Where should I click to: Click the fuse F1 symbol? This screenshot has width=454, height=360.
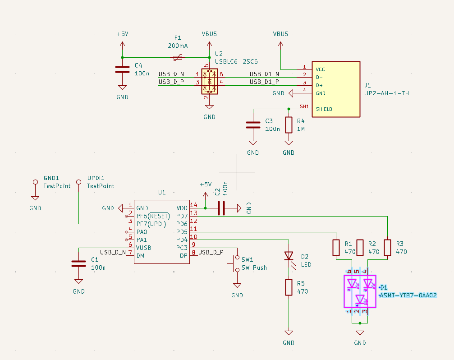click(x=178, y=58)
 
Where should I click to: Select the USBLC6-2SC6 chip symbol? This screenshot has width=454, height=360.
click(x=210, y=81)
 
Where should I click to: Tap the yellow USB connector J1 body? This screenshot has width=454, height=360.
click(x=336, y=89)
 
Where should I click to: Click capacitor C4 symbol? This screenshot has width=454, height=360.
click(x=123, y=69)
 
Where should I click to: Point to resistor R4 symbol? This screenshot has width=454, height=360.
click(x=289, y=125)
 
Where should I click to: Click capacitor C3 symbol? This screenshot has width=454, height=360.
click(x=253, y=125)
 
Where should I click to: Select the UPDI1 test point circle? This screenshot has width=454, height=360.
click(x=79, y=182)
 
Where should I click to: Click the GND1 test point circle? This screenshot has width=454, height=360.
click(x=35, y=182)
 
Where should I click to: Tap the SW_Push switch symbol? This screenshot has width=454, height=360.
click(x=235, y=263)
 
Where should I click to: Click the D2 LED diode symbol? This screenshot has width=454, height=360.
click(x=289, y=256)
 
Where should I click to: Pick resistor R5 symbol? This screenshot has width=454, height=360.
click(x=289, y=287)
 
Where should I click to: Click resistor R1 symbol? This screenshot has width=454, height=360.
click(x=336, y=248)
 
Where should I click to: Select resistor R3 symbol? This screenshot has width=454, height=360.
click(x=387, y=248)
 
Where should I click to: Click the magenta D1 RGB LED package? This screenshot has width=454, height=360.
click(x=360, y=291)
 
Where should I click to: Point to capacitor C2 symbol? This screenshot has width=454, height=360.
click(x=221, y=208)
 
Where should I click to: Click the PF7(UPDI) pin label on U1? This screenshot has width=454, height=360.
click(x=151, y=224)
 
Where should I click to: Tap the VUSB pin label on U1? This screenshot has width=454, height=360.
click(x=144, y=248)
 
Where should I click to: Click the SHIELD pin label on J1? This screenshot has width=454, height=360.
click(x=324, y=109)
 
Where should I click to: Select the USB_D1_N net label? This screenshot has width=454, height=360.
click(x=264, y=74)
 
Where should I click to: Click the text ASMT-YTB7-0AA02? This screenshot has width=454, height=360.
click(x=408, y=295)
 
